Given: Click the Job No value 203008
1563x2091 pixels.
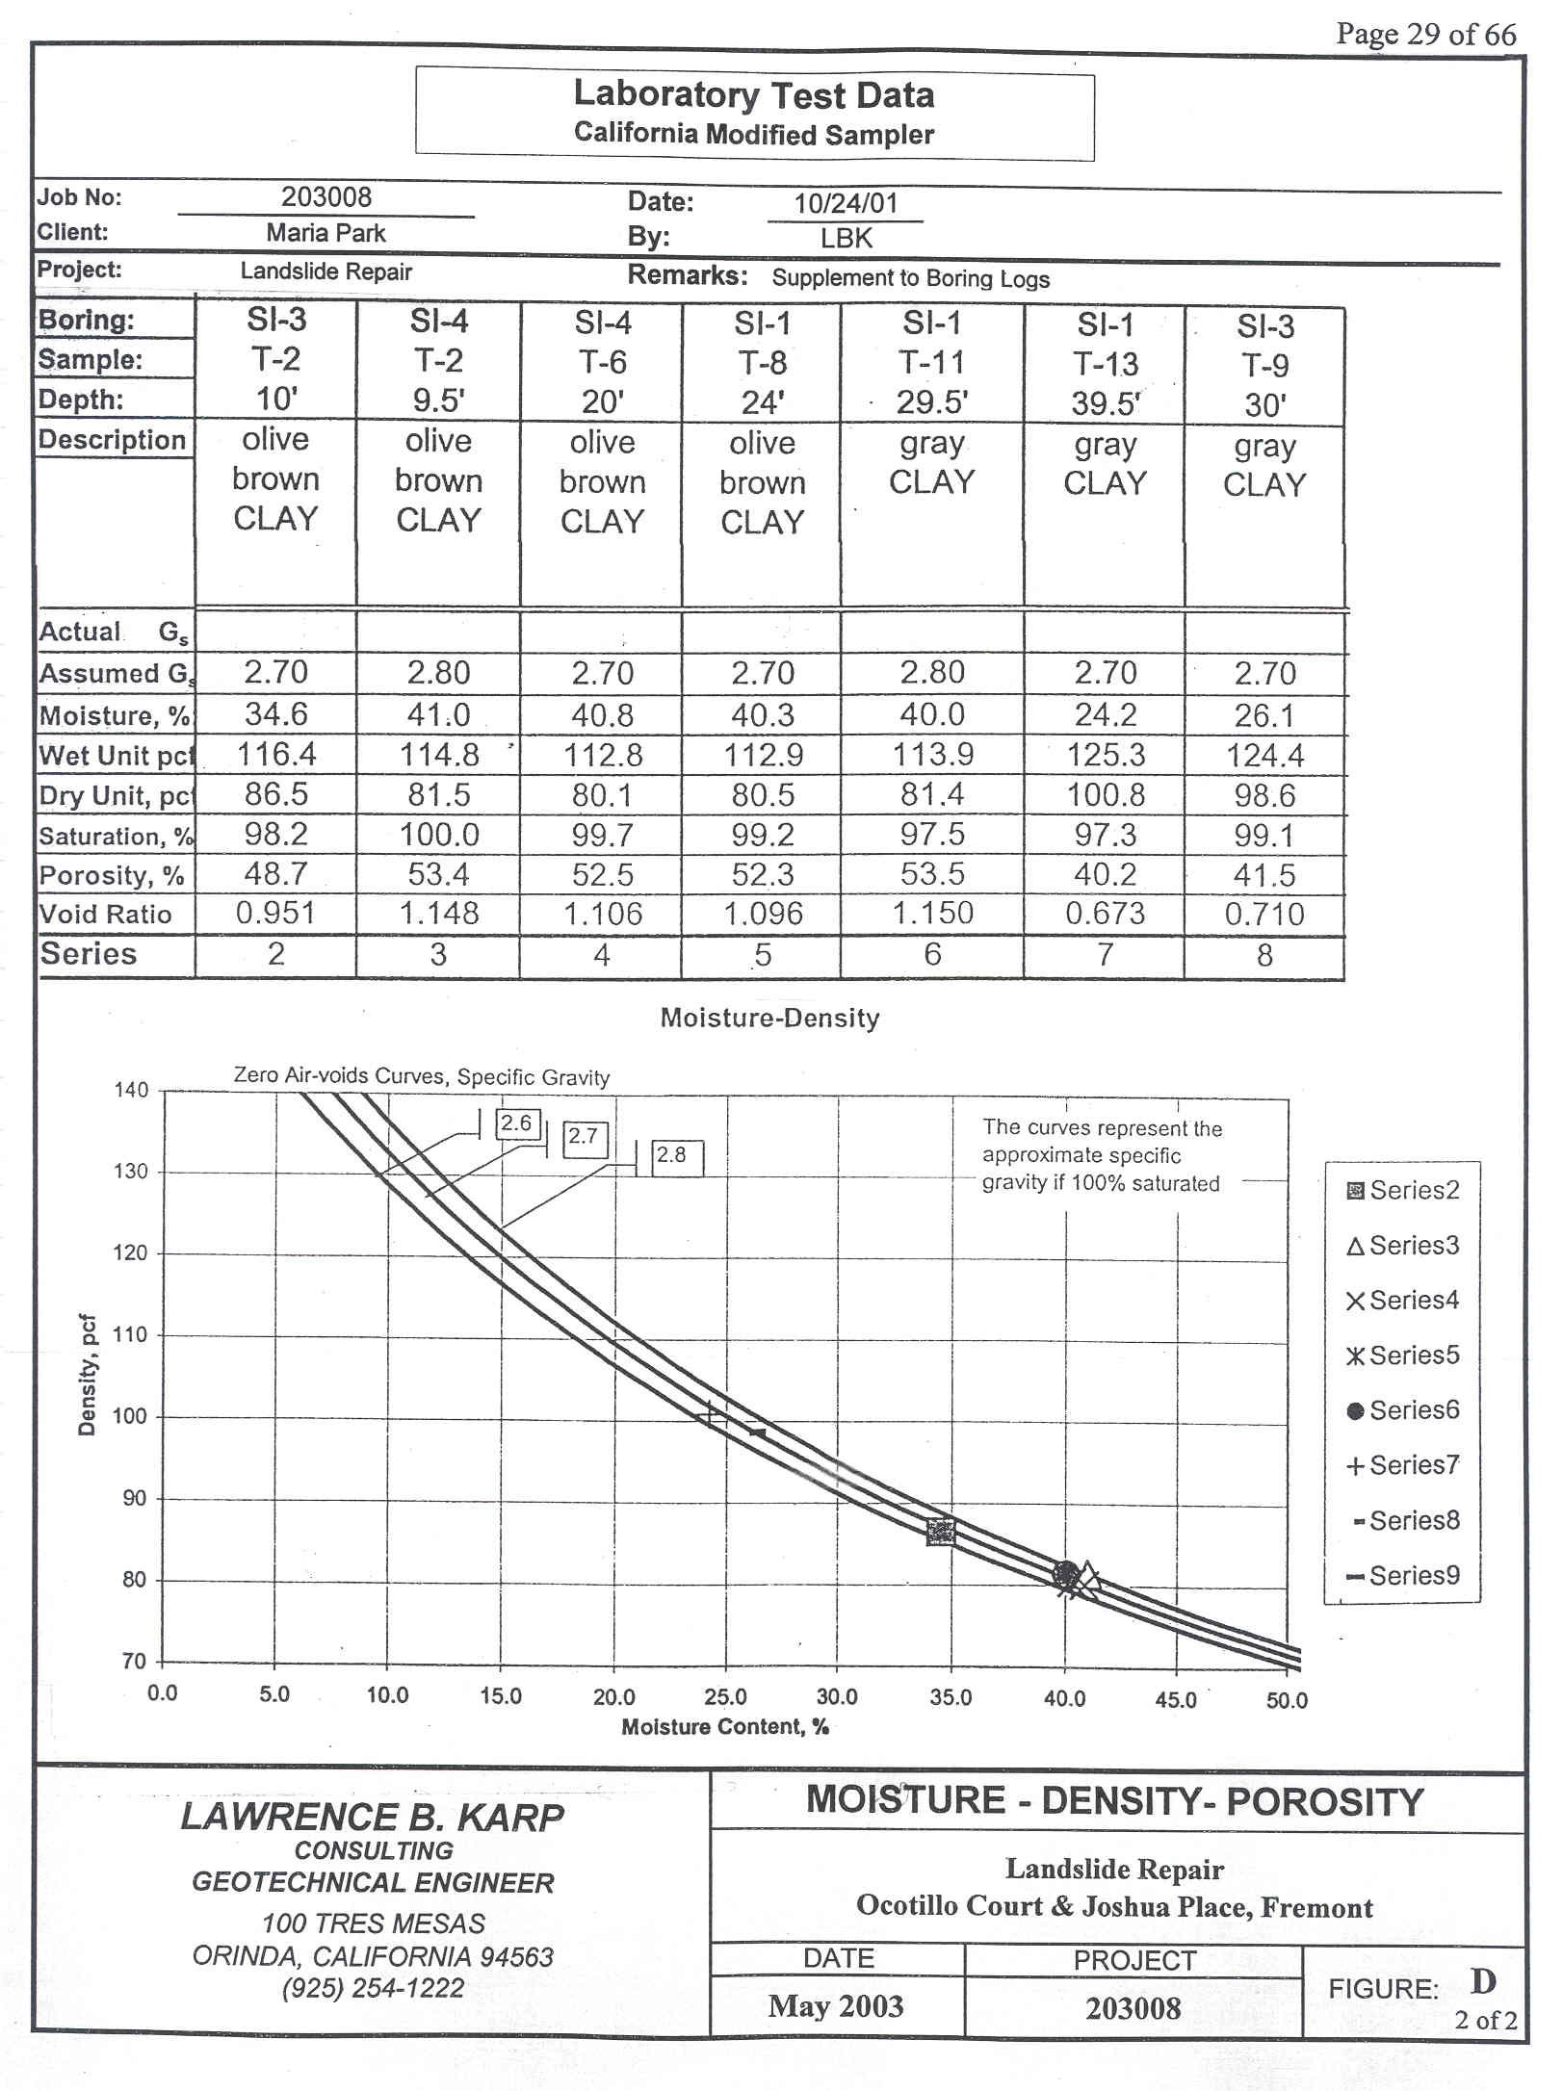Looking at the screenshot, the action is (326, 197).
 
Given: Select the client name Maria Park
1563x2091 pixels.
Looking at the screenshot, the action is (326, 233).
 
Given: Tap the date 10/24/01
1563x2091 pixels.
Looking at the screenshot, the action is (846, 203).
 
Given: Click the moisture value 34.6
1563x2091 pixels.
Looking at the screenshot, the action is (275, 713).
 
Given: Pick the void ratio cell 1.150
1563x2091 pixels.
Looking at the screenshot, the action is (931, 913).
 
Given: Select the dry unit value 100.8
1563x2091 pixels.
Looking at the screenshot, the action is (1106, 795).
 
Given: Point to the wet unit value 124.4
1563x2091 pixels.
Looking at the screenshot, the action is (1264, 756).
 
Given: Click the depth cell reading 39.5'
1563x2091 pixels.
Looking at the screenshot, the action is (1106, 403).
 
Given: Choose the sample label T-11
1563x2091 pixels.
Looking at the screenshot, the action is (931, 362).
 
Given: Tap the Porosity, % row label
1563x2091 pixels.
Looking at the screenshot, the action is (112, 875).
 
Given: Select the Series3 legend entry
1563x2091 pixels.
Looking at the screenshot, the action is (1403, 1246).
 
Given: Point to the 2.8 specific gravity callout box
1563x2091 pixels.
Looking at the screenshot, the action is (677, 1157).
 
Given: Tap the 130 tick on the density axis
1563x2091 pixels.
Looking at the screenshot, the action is (132, 1172).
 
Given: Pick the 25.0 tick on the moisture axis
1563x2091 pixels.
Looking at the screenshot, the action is (725, 1696).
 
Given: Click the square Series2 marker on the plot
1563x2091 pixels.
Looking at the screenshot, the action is (941, 1532).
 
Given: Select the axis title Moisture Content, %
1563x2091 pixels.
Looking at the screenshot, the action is (725, 1726).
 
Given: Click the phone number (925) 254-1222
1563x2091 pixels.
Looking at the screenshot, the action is (373, 1987).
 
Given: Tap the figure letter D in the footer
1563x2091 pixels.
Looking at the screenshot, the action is (1483, 1980).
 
